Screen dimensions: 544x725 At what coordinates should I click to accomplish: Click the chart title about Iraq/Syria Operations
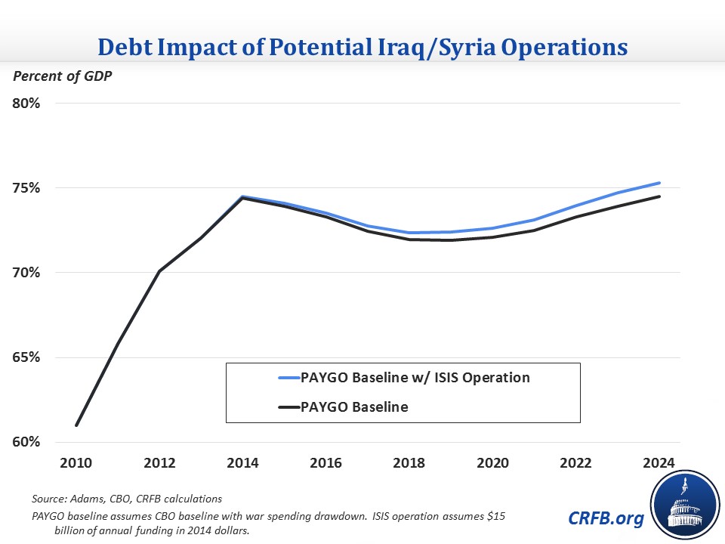(362, 47)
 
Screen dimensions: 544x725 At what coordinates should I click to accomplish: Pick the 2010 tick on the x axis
(77, 462)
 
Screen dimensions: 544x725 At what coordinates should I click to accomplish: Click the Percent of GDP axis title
(60, 76)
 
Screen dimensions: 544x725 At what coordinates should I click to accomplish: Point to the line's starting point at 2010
(77, 425)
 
